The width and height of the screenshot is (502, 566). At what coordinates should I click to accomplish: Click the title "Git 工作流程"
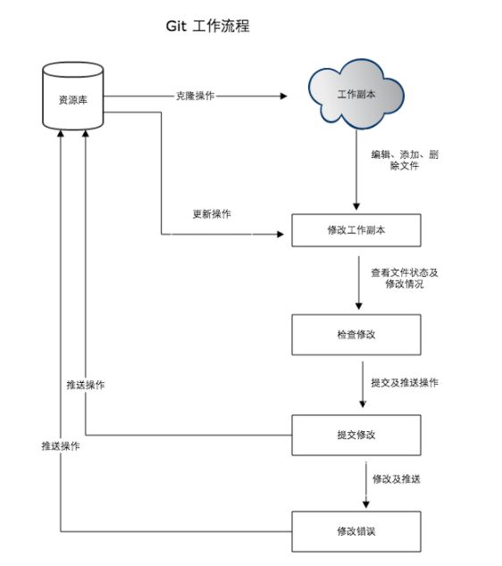(x=207, y=26)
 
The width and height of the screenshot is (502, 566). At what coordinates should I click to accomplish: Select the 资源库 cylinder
(x=73, y=96)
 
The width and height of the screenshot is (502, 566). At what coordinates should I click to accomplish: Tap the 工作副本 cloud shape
(x=356, y=94)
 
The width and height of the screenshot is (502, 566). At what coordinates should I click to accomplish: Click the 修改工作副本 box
(x=356, y=230)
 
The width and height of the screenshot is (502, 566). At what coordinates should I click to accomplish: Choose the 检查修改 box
(x=356, y=335)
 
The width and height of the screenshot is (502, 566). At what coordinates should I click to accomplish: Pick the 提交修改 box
(x=356, y=435)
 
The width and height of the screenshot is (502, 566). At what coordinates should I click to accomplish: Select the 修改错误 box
(x=356, y=531)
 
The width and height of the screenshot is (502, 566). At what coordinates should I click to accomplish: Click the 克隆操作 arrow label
(x=195, y=96)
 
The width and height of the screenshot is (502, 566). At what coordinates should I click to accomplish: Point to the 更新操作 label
(x=212, y=214)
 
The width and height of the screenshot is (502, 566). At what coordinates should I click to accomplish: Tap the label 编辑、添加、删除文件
(x=405, y=160)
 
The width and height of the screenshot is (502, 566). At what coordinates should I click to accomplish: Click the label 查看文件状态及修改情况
(x=405, y=278)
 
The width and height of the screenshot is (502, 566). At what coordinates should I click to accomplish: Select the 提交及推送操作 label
(x=405, y=383)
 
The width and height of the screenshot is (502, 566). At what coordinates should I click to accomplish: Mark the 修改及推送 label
(x=397, y=479)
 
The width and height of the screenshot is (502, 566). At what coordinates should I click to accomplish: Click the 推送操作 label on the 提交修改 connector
(x=86, y=385)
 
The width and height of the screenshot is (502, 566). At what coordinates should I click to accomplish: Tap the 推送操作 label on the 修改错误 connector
(x=61, y=446)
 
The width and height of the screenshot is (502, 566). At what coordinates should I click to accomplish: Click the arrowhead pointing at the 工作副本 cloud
(x=283, y=96)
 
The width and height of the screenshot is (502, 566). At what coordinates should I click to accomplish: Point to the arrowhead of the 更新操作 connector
(x=280, y=234)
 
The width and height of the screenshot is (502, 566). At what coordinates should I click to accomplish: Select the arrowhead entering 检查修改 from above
(x=358, y=306)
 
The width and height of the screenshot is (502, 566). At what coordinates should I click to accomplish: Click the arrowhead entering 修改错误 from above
(x=366, y=504)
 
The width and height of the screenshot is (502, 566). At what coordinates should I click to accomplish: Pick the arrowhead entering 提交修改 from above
(x=363, y=404)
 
